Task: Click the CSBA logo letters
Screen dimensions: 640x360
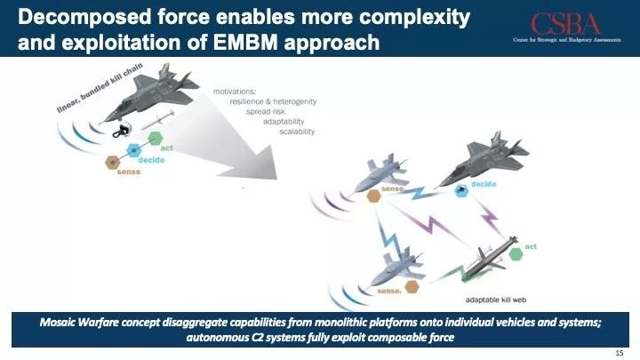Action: click(x=565, y=24)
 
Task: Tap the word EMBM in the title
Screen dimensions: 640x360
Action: click(x=245, y=42)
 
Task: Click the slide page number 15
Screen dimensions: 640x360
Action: click(x=620, y=353)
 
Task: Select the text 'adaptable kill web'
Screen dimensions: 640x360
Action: click(x=496, y=300)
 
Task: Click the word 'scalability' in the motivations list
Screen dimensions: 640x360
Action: click(x=297, y=132)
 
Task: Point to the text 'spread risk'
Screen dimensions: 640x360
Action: click(x=265, y=111)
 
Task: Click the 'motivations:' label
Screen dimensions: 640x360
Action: click(x=235, y=92)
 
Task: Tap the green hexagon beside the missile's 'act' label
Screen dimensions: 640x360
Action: click(x=516, y=254)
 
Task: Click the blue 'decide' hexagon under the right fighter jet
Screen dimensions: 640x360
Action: click(x=461, y=190)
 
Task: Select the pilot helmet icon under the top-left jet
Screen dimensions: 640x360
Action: click(x=122, y=130)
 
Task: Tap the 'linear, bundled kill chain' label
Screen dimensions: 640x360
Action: click(x=100, y=87)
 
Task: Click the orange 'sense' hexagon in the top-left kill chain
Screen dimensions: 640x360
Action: click(x=113, y=163)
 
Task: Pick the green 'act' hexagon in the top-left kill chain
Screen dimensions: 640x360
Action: click(x=156, y=139)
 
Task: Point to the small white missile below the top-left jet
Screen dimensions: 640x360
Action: click(x=158, y=120)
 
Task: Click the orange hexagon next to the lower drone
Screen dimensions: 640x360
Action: click(x=412, y=287)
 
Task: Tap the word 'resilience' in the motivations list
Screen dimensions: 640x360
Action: click(x=246, y=101)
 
